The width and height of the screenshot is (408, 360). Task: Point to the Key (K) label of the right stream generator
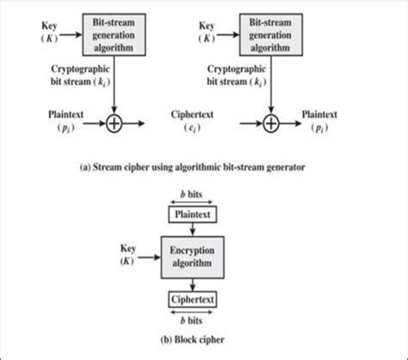point(210,32)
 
